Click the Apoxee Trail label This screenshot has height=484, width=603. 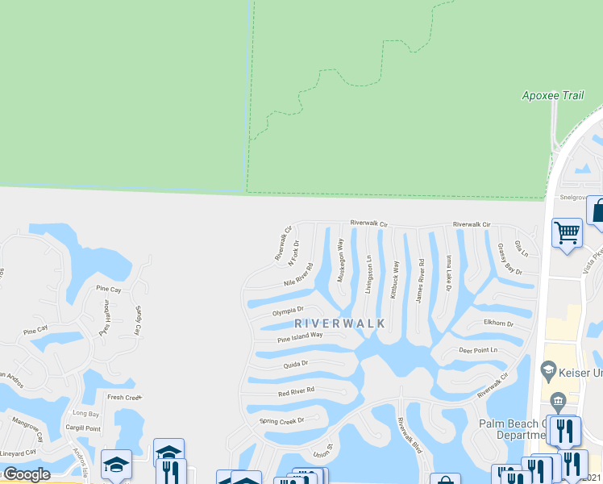coord(552,96)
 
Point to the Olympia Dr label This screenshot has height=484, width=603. coord(288,311)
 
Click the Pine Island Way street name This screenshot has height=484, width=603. coord(300,336)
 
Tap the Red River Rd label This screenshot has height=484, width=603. coord(296,392)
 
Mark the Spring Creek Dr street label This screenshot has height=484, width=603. coord(281,421)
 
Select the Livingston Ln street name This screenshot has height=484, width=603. coord(368,274)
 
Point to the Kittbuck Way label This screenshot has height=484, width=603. coord(394,279)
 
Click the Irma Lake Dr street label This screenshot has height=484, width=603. coord(448,273)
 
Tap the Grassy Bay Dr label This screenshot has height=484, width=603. coord(509,260)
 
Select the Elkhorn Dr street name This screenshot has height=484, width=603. coord(498,323)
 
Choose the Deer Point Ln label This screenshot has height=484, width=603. coord(478,350)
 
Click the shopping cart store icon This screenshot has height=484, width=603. coord(567,233)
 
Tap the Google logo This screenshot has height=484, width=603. coord(27,474)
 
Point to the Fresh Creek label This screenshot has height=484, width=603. coord(124,397)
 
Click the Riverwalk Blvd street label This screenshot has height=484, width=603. coord(410,436)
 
